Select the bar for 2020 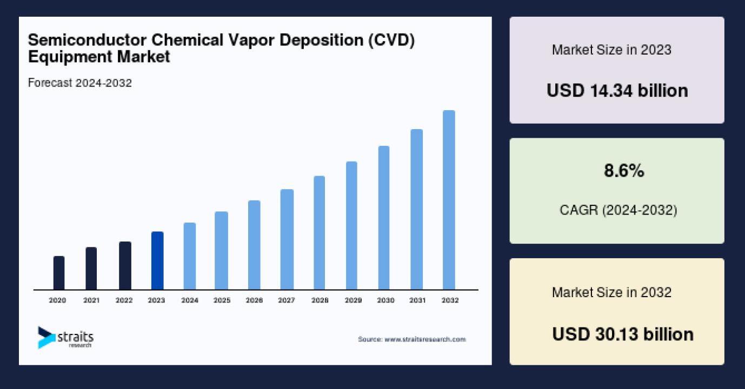(59, 273)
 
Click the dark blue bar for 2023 (157, 261)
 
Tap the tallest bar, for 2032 (449, 200)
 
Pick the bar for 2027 (287, 239)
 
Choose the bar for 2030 (384, 218)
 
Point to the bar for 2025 (221, 251)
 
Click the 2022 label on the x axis (124, 300)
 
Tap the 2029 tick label (352, 300)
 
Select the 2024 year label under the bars (189, 300)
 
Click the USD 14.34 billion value (617, 90)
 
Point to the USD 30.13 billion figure (622, 334)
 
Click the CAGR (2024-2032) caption (618, 210)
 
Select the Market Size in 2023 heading (611, 50)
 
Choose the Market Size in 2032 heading (611, 292)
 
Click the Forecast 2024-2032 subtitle (79, 83)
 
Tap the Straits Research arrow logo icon (46, 337)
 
